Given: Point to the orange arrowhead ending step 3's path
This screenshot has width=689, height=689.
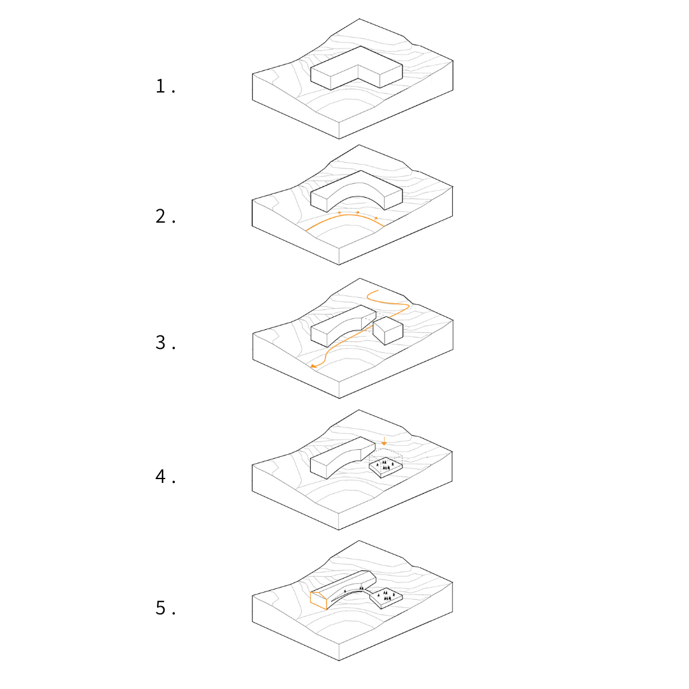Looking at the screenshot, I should [313, 366].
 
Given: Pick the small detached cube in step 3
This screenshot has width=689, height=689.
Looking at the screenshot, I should [388, 330].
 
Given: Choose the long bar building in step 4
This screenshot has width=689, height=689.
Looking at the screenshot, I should [338, 458].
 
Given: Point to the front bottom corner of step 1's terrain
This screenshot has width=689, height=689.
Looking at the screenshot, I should [339, 138].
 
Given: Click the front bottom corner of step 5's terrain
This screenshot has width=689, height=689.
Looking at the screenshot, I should [339, 660].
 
